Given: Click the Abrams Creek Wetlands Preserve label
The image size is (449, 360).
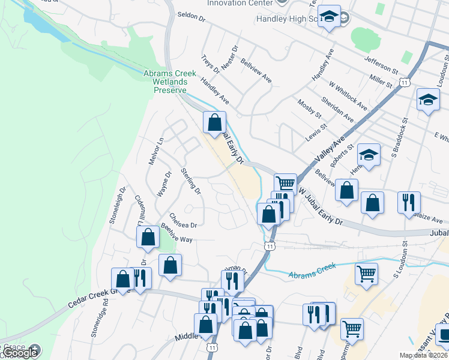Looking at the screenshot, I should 170,82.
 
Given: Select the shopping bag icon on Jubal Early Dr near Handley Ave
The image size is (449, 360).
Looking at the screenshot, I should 214,123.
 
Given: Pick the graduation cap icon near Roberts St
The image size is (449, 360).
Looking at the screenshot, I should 369,155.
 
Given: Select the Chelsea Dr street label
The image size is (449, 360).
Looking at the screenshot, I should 183,221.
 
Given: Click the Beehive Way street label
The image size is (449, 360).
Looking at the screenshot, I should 176,233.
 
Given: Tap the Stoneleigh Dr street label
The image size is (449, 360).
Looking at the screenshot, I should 118,204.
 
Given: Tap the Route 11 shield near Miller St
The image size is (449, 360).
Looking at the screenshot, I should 406,82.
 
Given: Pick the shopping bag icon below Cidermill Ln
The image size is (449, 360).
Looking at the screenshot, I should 148,238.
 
